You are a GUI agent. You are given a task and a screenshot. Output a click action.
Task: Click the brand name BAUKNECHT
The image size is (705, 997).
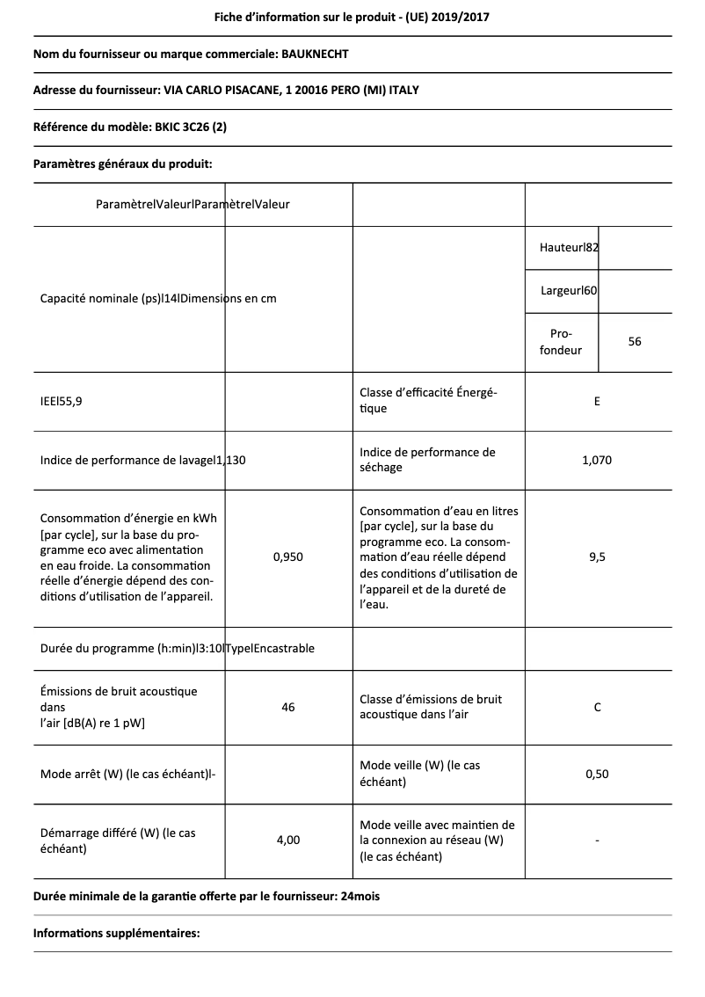pos(314,55)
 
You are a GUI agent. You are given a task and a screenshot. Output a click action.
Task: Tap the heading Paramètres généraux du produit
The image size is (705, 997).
pos(122,164)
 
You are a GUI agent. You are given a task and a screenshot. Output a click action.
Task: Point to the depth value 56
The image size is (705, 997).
pos(635,342)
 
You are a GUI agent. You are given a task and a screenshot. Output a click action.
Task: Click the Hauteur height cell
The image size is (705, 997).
pos(569,248)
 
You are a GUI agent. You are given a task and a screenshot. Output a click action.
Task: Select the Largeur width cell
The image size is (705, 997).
pos(569,290)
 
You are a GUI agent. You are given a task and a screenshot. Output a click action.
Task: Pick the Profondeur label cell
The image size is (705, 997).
pos(561,342)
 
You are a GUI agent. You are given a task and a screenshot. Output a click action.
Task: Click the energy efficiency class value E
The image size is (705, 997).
pos(598,402)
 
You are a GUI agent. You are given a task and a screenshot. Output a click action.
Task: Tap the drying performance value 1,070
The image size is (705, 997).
pos(598,460)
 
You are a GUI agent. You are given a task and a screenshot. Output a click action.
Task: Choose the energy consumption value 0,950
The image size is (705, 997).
pos(287,557)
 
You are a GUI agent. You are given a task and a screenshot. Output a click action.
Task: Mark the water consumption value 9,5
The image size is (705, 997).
pos(598,557)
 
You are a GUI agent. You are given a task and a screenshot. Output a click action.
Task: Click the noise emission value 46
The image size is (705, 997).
pos(287,707)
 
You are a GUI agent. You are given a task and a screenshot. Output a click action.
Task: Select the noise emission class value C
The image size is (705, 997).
pos(598,707)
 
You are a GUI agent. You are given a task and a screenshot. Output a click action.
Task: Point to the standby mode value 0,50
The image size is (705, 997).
pos(598,774)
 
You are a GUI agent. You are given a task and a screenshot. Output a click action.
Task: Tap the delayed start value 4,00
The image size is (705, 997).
pos(287,841)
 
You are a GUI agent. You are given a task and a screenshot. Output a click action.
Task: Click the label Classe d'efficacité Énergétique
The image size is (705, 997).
pos(429,401)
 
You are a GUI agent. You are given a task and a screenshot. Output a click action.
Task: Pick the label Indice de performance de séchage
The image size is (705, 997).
pos(428,460)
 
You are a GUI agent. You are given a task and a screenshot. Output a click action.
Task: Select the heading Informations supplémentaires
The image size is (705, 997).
pos(117,934)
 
